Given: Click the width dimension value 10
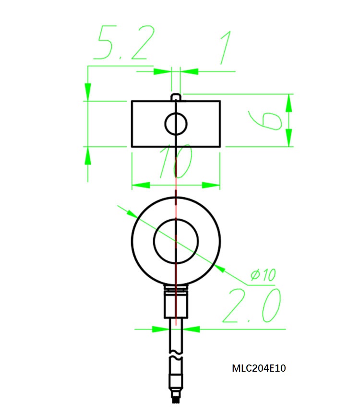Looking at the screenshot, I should (176, 163).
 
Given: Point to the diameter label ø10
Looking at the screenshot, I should (263, 275).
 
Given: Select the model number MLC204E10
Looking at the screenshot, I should (259, 368).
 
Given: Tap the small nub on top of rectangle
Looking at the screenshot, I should (176, 97).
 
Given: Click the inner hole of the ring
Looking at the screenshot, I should (176, 241).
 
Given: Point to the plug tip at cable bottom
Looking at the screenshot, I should (176, 398).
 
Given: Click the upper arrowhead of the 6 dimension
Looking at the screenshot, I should (288, 102).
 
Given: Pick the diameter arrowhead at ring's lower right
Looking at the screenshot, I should (219, 269).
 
